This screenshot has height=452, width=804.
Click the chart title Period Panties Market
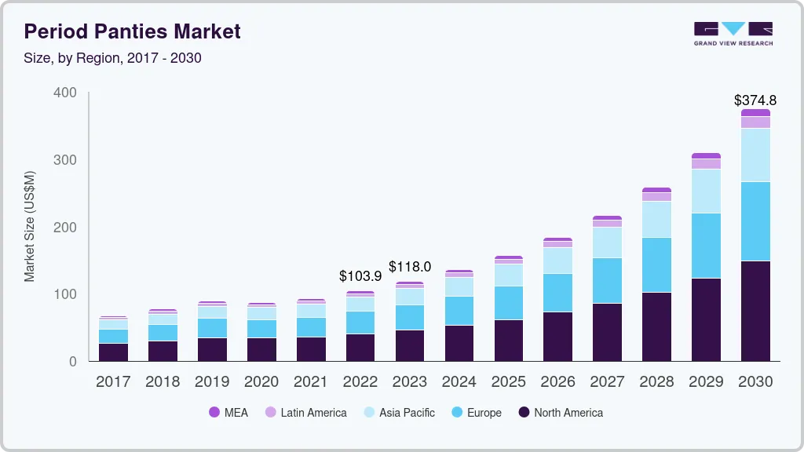click(132, 31)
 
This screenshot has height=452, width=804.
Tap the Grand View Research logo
click(733, 34)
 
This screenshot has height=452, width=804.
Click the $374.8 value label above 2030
click(755, 100)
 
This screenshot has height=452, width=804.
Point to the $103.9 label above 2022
click(360, 276)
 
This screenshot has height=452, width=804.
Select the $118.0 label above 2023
click(410, 267)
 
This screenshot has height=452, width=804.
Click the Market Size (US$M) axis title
click(29, 226)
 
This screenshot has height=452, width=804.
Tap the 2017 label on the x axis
click(113, 382)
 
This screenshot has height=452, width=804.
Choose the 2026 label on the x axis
click(557, 382)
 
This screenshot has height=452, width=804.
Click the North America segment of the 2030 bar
click(755, 311)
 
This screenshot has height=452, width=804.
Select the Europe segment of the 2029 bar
click(705, 246)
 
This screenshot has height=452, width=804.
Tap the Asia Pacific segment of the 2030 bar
click(755, 155)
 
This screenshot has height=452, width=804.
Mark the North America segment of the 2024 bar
click(459, 343)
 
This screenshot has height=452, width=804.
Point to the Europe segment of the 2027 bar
click(607, 280)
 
